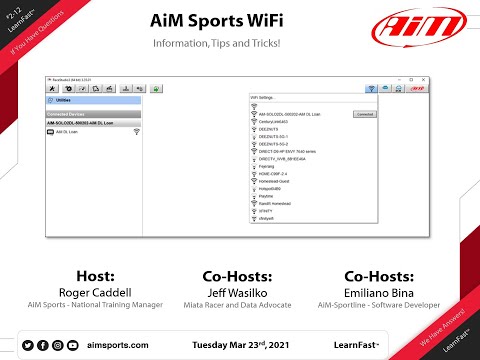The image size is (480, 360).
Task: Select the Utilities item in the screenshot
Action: point(63,101)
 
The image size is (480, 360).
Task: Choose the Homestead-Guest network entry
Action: point(288,181)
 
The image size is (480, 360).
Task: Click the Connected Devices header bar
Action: point(96,114)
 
